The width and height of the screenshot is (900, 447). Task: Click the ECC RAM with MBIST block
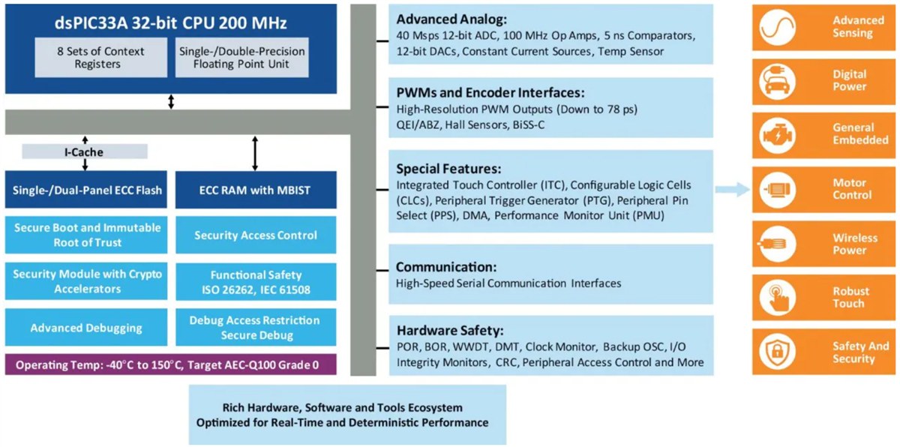tap(255, 190)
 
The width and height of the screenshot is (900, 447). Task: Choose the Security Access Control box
tap(255, 235)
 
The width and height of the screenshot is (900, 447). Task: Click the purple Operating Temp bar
tap(170, 365)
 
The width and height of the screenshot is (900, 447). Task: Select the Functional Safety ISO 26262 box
tap(255, 282)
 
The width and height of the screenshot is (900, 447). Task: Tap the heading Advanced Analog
tap(451, 19)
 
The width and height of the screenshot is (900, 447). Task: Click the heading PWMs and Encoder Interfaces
tap(490, 93)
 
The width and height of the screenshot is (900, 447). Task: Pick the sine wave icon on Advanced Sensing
tap(778, 27)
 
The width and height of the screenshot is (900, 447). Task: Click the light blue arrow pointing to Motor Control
tap(732, 189)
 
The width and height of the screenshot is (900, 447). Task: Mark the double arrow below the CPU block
tap(171, 101)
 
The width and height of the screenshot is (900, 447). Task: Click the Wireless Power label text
tap(854, 244)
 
